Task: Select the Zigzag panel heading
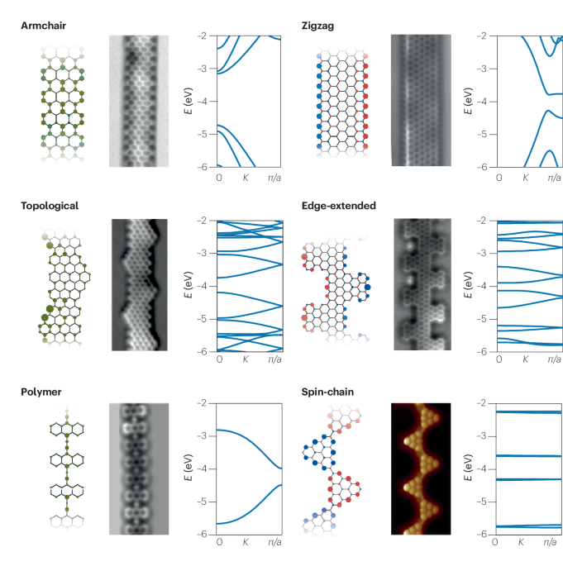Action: pos(317,26)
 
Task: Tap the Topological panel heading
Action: pos(50,206)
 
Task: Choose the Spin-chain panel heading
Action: pos(329,390)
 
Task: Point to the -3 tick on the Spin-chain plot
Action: pos(484,435)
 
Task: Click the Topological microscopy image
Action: pos(141,285)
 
